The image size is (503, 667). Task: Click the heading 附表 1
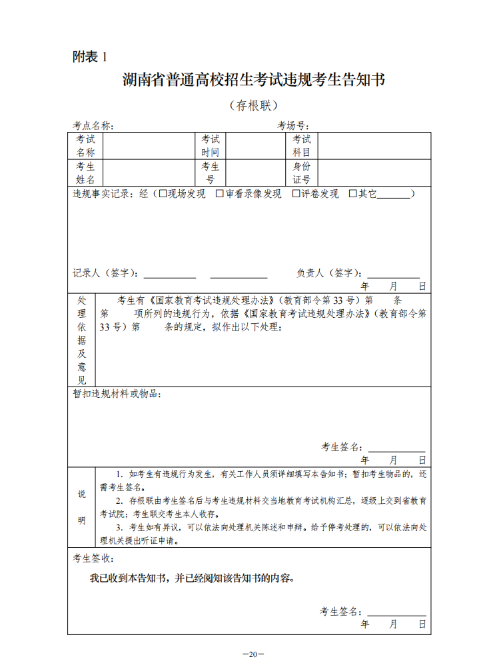click(89, 57)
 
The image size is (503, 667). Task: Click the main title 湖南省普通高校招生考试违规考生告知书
click(254, 80)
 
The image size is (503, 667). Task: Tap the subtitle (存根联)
click(253, 105)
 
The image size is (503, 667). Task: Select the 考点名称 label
click(93, 125)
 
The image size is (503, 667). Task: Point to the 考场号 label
click(293, 125)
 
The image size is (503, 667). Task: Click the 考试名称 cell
click(85, 146)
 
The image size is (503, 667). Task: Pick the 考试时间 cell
click(211, 146)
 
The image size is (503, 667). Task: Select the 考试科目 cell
click(302, 146)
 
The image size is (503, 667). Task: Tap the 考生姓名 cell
click(85, 173)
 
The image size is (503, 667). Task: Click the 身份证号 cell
click(302, 173)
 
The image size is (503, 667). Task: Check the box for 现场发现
click(163, 194)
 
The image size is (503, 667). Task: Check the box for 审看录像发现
click(220, 194)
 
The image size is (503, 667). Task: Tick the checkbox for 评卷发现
click(296, 194)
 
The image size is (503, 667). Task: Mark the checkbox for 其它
click(353, 194)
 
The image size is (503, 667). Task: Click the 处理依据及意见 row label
click(82, 340)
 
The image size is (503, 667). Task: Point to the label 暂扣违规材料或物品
click(117, 394)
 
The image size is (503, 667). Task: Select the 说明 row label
click(82, 507)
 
